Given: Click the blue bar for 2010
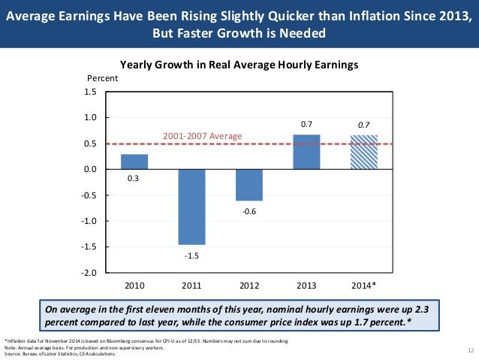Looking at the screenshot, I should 134,162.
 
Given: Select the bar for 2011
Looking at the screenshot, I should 191,207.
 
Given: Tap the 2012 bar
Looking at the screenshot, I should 249,185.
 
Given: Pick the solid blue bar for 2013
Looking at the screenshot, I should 306,152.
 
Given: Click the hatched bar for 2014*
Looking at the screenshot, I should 364,152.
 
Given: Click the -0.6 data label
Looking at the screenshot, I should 249,211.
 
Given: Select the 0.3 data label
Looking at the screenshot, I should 134,179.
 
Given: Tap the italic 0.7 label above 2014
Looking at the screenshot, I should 364,124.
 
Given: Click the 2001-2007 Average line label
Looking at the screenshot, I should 203,136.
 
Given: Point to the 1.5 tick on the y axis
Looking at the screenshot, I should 92,92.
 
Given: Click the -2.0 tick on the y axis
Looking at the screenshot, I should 90,273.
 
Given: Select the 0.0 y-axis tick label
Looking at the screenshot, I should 92,170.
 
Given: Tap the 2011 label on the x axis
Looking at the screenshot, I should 191,286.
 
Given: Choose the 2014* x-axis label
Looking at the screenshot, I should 364,286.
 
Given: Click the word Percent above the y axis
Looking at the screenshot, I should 103,78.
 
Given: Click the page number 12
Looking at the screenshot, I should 470,351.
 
